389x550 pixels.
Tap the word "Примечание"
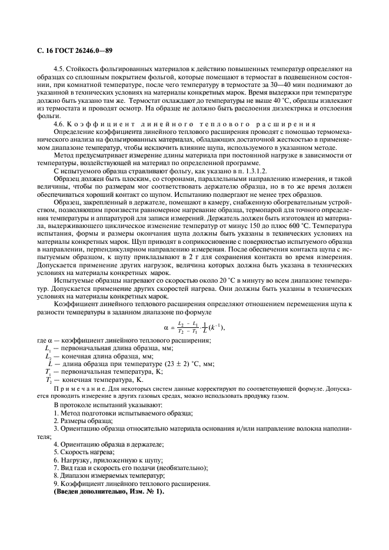pyautogui.click(x=74, y=389)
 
